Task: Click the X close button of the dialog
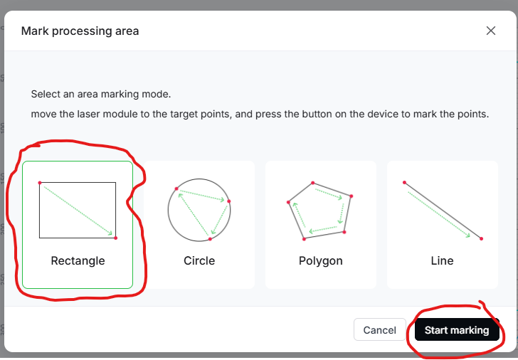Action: (x=490, y=31)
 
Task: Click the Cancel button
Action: (x=379, y=329)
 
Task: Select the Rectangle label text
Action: (x=78, y=261)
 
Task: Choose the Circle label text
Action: (x=199, y=261)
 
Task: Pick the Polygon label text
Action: (x=320, y=261)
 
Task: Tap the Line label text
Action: (x=442, y=261)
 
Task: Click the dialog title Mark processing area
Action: (x=80, y=31)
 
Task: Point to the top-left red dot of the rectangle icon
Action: (x=40, y=183)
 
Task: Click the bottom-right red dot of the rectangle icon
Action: (x=115, y=238)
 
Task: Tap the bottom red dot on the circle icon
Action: (x=210, y=239)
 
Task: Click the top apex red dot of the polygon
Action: (x=312, y=183)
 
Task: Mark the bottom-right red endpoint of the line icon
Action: (x=481, y=238)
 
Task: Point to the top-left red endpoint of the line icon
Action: (x=404, y=182)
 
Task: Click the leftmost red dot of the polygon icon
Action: (x=288, y=202)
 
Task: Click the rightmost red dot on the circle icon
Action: (x=229, y=201)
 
